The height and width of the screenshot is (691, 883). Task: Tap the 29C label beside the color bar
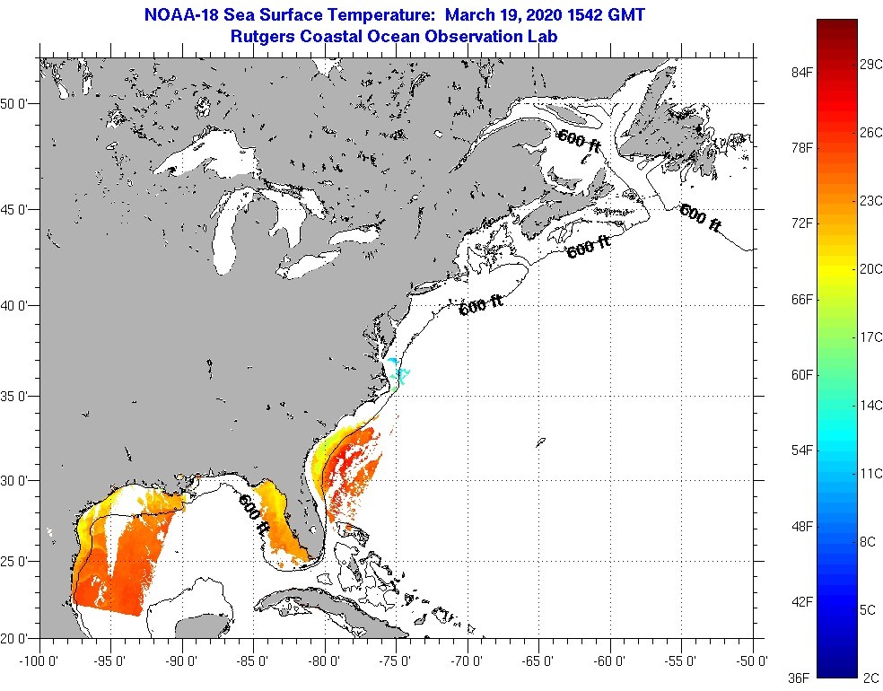pyautogui.click(x=868, y=66)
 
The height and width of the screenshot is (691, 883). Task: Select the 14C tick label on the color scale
pyautogui.click(x=868, y=405)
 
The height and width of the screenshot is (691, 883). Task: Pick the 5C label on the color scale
pyautogui.click(x=868, y=610)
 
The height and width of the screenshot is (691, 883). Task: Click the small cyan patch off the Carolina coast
pyautogui.click(x=398, y=373)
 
